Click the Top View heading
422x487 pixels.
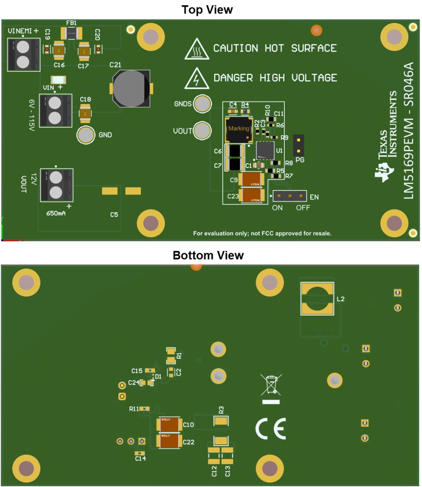pos(207,10)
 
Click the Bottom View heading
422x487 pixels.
pos(208,255)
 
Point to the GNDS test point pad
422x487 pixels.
pos(203,104)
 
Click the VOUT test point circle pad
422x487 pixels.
pos(203,131)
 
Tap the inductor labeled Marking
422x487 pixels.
pos(238,129)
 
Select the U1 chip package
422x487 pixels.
pos(265,150)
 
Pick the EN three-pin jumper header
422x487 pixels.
pos(289,195)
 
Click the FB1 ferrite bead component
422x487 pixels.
pos(71,32)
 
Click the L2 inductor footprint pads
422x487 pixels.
pos(317,299)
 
